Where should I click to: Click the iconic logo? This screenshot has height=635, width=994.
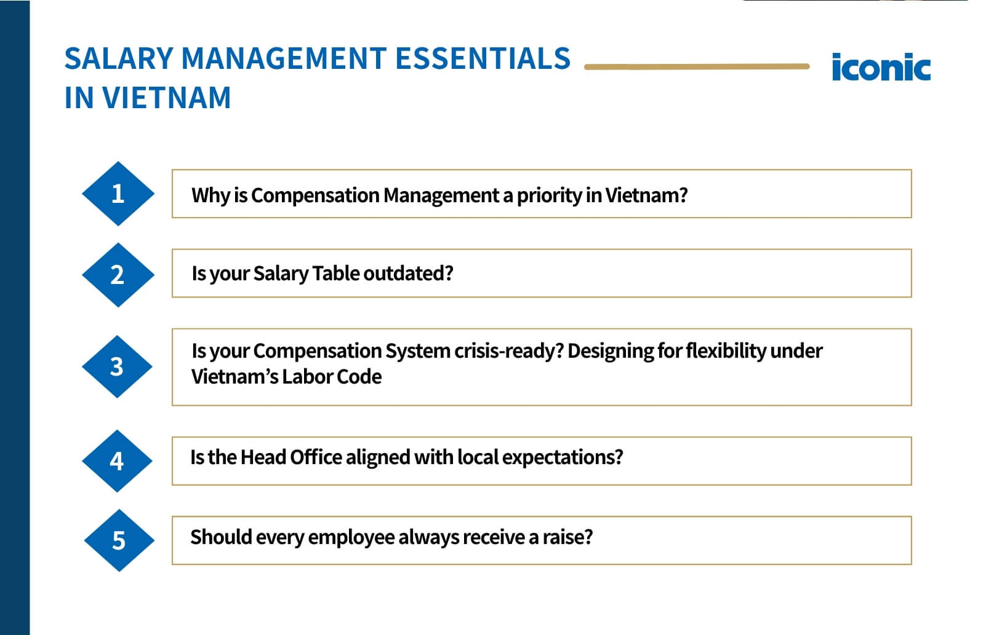click(x=880, y=68)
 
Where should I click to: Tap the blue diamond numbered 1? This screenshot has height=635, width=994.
click(x=118, y=194)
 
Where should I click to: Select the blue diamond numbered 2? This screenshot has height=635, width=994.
click(x=118, y=275)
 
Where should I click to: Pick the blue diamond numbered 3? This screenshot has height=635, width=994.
click(x=117, y=366)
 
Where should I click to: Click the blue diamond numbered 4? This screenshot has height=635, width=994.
click(x=117, y=460)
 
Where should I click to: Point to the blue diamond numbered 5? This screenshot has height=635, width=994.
click(x=119, y=540)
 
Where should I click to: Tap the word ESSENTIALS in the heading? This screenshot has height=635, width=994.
click(x=483, y=59)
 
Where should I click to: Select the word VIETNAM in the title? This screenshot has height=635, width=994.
click(x=166, y=98)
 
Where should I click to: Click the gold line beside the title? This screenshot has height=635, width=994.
click(x=696, y=66)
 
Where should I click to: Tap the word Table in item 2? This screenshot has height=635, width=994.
click(x=336, y=274)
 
